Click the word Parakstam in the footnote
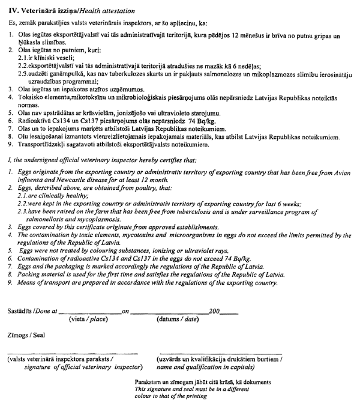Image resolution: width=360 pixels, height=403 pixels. coord(151,382)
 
